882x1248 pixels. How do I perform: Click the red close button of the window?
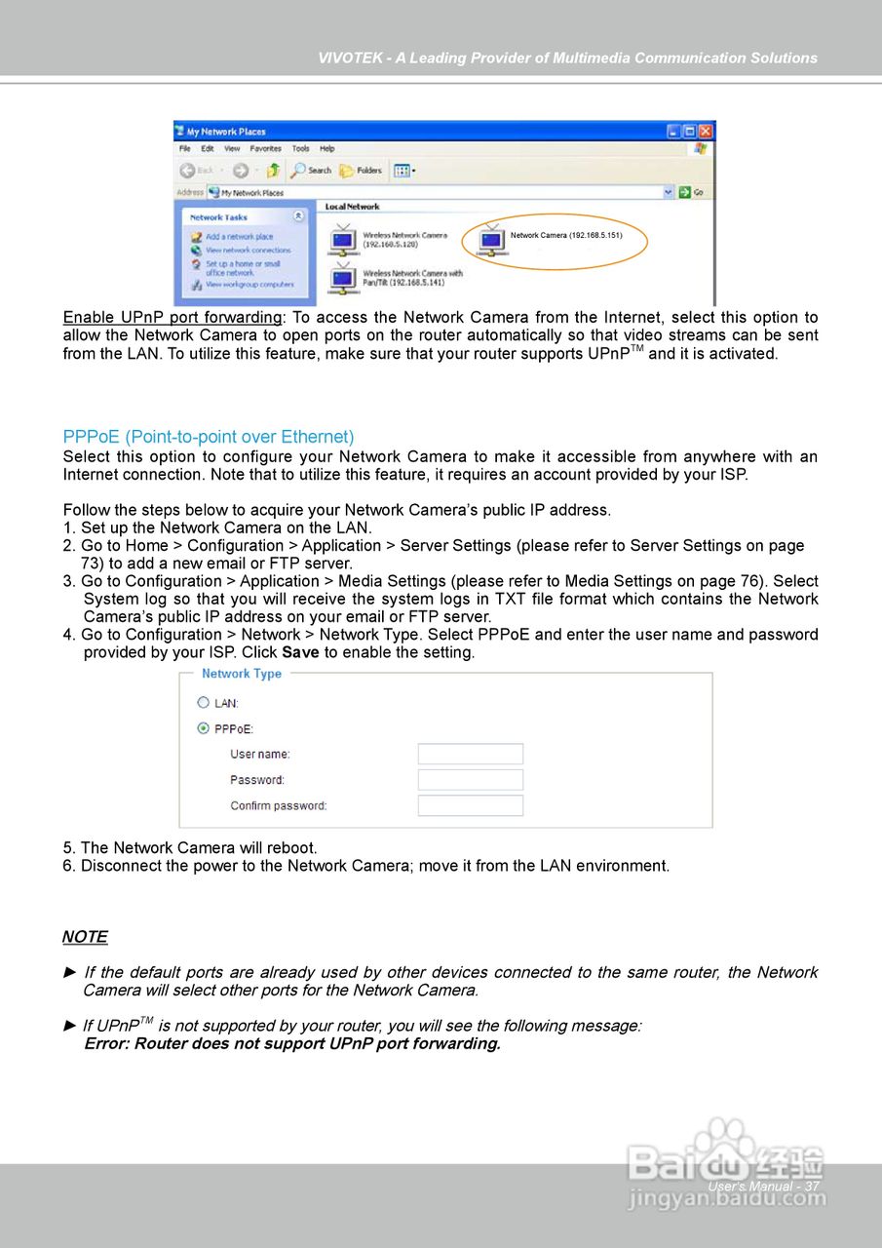pos(706,131)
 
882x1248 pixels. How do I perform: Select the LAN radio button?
pos(204,702)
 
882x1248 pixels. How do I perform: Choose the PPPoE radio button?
pos(204,727)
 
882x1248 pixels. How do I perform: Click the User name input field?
pos(470,754)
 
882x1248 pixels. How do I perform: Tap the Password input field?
pos(470,780)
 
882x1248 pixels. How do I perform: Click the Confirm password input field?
pos(470,805)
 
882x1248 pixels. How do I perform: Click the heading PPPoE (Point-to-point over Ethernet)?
pos(209,437)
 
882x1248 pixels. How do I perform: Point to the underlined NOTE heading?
pos(85,937)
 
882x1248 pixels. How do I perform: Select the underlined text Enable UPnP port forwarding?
pos(173,318)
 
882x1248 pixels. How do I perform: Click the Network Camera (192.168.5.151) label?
pos(566,235)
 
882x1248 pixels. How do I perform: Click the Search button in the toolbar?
pos(312,171)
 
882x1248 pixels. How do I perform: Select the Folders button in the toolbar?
pos(362,171)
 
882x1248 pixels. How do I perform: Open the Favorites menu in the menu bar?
pos(265,149)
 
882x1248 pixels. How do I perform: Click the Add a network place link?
pos(239,237)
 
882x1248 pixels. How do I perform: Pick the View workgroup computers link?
pos(249,285)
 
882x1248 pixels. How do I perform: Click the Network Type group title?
pos(242,674)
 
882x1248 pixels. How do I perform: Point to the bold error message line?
pos(292,1044)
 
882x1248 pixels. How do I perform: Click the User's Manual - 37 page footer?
pos(763,1187)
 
